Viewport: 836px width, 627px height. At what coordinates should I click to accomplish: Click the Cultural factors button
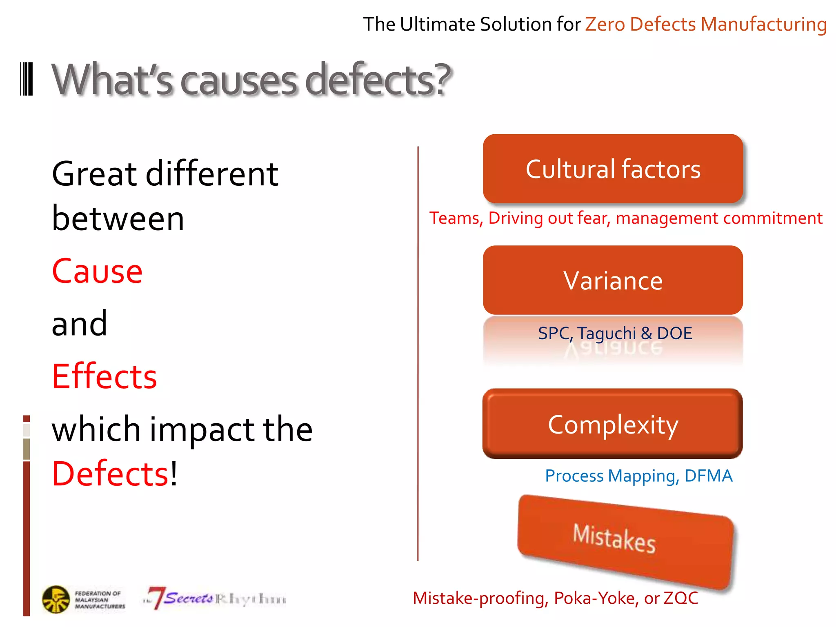click(613, 169)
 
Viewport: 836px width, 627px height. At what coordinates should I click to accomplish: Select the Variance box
click(613, 280)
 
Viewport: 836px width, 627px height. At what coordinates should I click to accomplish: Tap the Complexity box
click(613, 424)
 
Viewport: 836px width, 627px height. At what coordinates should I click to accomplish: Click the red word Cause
click(97, 271)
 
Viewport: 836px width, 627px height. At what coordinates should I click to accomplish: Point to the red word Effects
click(104, 376)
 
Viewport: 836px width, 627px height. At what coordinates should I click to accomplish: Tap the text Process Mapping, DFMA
click(639, 476)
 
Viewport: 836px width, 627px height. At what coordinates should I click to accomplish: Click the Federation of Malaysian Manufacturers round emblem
click(56, 599)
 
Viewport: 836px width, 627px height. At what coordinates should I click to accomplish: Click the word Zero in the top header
click(605, 24)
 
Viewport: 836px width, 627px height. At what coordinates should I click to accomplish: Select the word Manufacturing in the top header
click(763, 24)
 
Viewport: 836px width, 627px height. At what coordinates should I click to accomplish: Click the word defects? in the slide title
click(378, 80)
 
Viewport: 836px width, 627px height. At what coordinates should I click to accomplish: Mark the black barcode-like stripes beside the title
click(27, 79)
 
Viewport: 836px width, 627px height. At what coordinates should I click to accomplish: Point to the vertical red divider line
click(418, 351)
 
